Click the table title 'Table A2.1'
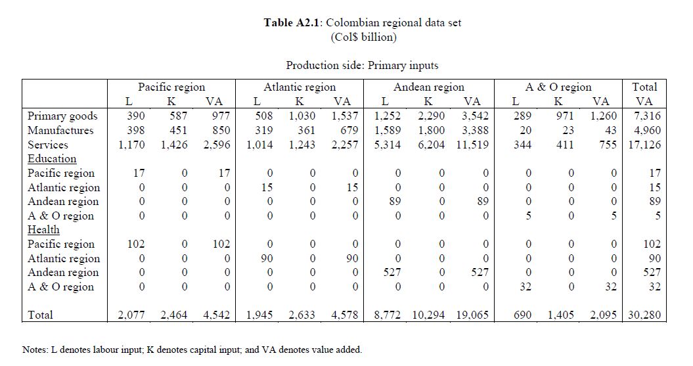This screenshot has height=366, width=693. click(292, 22)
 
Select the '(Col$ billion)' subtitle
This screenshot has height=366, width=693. click(363, 37)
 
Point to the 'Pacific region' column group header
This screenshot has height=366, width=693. click(171, 87)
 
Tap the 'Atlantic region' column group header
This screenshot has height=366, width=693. click(299, 87)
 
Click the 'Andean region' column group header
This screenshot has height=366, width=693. click(428, 87)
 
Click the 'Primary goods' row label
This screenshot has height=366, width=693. click(62, 116)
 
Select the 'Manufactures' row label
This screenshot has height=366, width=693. click(60, 130)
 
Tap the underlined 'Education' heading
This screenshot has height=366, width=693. click(52, 159)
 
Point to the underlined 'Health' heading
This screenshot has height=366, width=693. click(43, 230)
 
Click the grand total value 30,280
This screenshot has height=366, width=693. click(644, 315)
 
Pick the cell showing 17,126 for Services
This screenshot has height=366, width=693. click(644, 145)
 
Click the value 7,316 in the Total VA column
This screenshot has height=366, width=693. click(646, 116)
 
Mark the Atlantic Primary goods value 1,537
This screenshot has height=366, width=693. click(344, 116)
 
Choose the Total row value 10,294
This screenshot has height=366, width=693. click(428, 315)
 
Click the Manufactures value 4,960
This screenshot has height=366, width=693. click(646, 130)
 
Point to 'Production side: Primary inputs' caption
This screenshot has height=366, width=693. click(362, 65)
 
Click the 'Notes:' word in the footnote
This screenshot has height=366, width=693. click(35, 350)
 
